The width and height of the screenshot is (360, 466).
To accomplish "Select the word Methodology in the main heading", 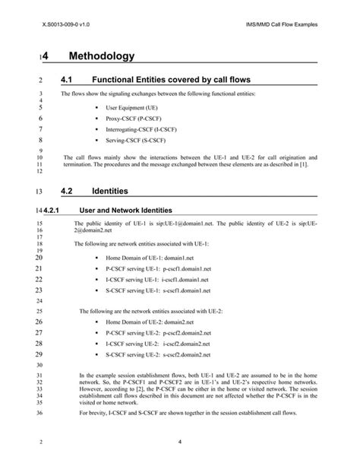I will [102, 56].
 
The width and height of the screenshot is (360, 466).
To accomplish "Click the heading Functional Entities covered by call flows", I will [170, 79].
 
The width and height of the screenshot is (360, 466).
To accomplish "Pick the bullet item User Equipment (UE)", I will [131, 109].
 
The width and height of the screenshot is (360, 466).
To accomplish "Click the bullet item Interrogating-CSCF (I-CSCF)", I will [141, 130].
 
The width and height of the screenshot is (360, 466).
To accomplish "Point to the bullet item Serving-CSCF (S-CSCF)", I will [136, 141].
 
